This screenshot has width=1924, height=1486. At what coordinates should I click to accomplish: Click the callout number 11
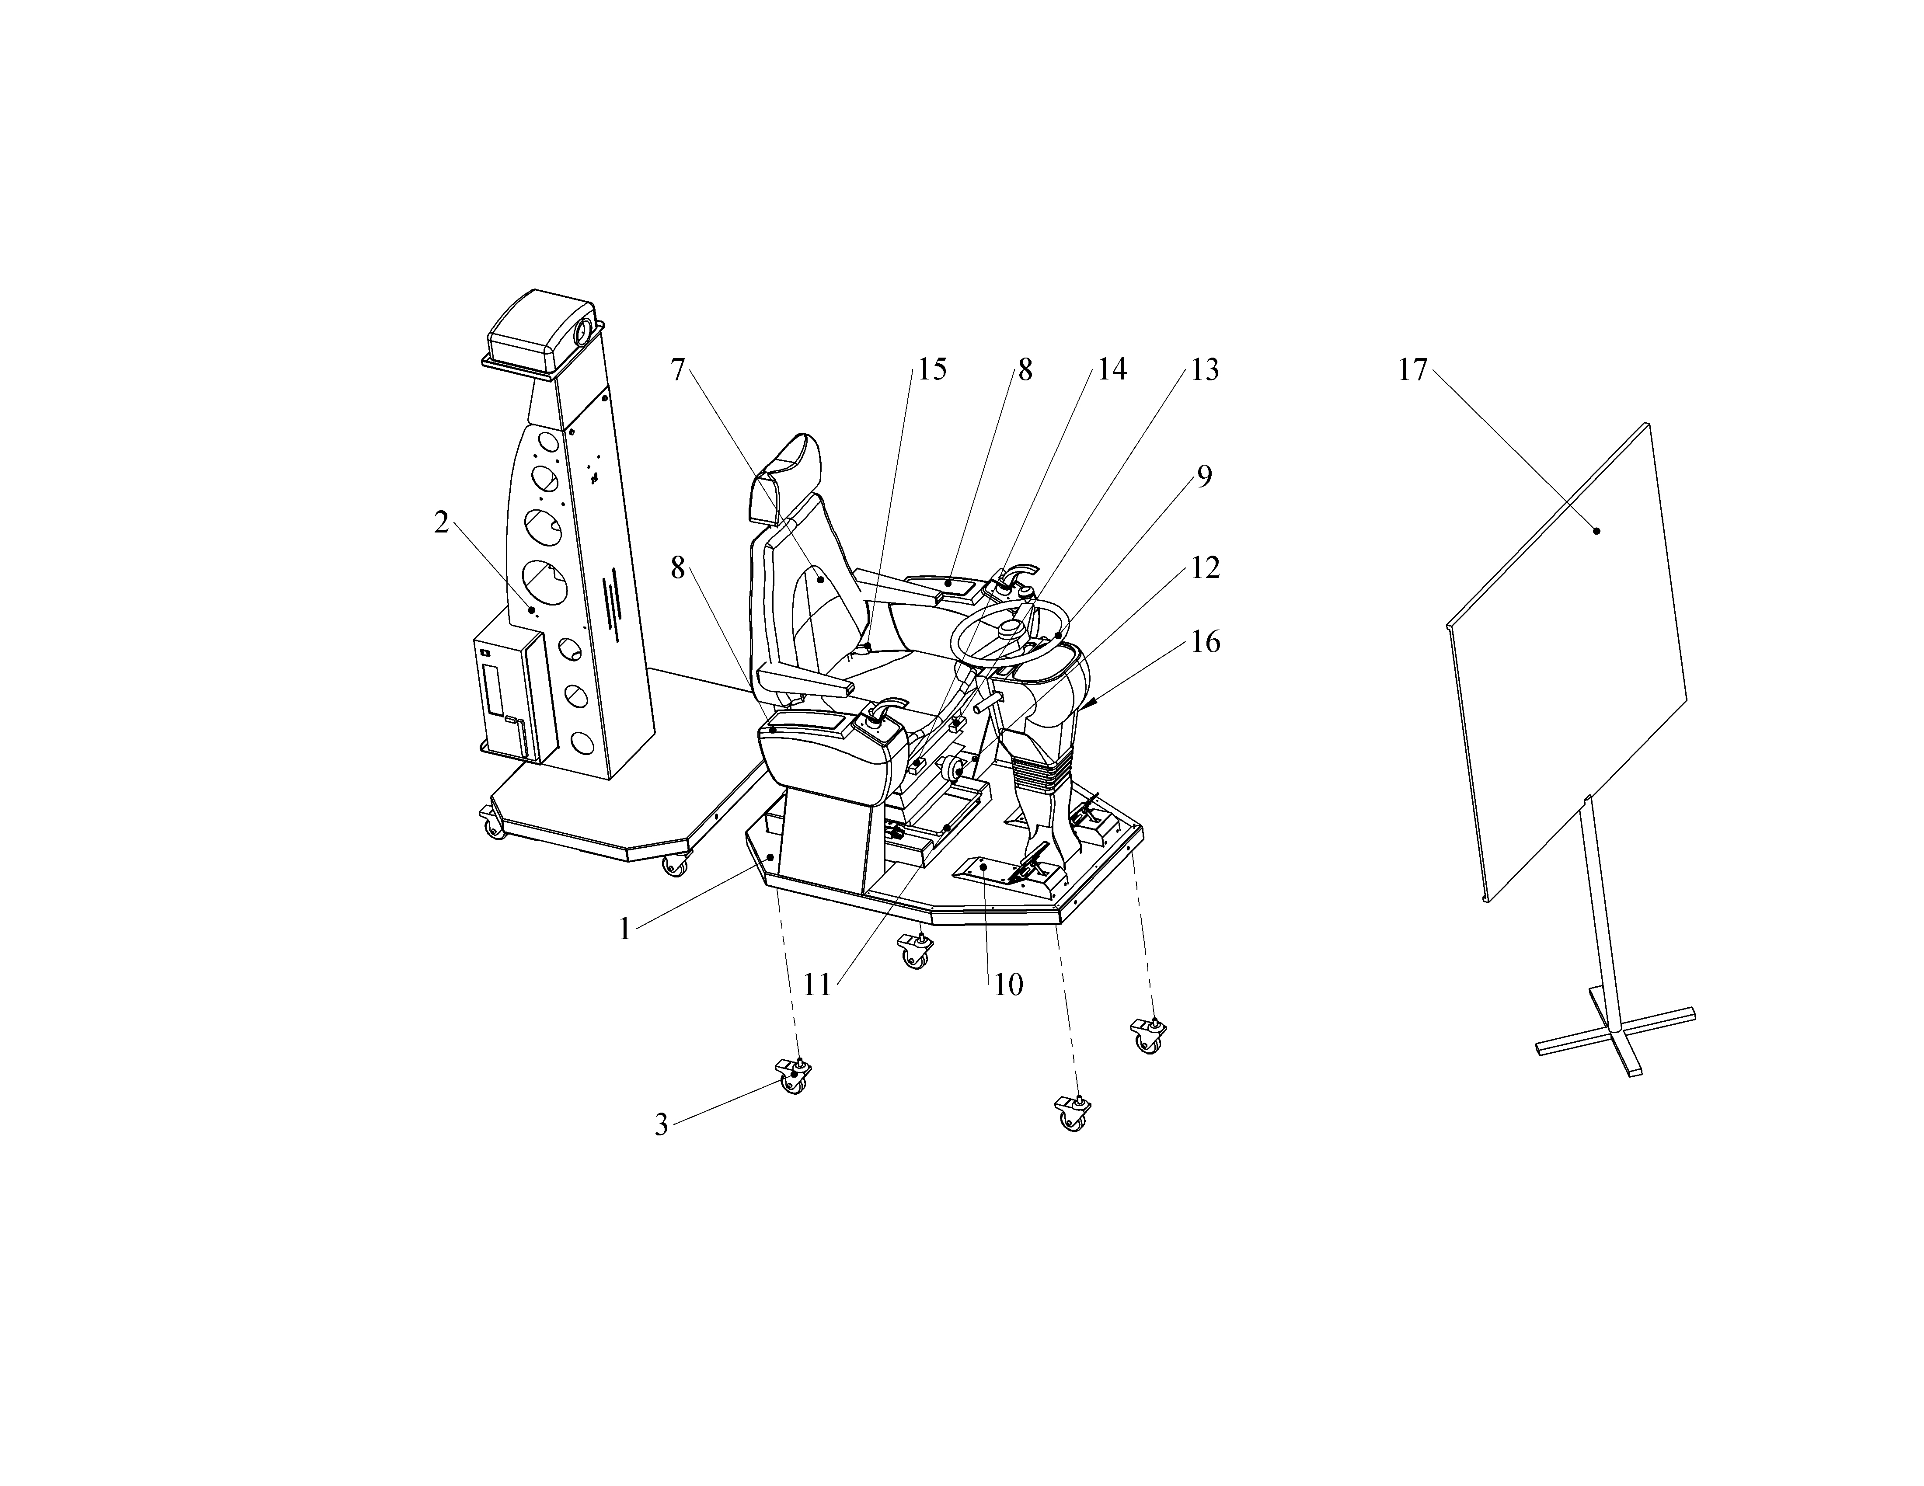(x=818, y=984)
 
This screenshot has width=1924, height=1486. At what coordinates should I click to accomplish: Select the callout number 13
(x=1204, y=370)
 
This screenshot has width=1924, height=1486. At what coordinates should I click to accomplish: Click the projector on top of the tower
(x=542, y=333)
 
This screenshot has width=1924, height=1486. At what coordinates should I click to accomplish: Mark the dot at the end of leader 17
(x=1596, y=531)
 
